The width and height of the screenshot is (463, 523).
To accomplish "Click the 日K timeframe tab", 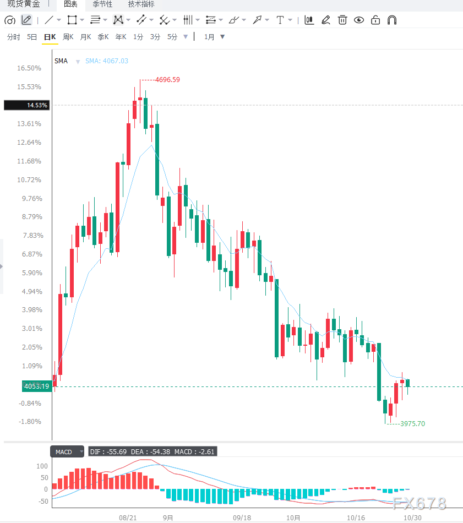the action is coord(50,37).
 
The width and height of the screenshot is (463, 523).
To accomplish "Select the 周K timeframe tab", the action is coord(68,37).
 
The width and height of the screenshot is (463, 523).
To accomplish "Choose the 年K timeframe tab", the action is coord(121,37).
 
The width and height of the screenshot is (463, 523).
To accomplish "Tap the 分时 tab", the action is coord(14,37).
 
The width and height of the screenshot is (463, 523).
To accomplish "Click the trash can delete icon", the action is coord(342,20).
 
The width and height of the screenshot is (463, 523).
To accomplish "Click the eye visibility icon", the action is coord(359,20).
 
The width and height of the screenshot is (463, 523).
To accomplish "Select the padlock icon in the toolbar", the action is coord(375,20).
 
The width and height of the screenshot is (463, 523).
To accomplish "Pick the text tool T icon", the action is coord(280,20).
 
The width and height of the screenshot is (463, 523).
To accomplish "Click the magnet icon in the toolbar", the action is coord(392,20).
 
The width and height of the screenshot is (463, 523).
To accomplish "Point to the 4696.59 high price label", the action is coord(167,80).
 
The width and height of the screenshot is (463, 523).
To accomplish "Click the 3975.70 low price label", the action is coord(413,423).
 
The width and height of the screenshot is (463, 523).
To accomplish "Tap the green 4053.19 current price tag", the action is coord(37,386).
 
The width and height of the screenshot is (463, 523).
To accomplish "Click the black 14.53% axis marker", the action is coord(26,105).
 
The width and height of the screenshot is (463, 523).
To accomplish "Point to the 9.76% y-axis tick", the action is coord(32,198).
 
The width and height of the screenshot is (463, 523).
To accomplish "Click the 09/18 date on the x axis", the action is coord(242,517).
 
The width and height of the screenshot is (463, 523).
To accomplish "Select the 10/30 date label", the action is coord(413,517).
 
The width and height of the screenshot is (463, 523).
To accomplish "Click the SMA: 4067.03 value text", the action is coord(107,61).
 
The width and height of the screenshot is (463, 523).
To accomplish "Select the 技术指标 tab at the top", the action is coord(141,4).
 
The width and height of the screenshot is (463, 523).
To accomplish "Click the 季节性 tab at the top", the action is coord(102,4).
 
